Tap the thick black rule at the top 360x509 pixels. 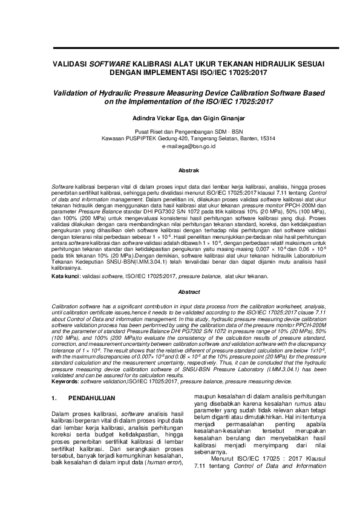click(180, 47)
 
